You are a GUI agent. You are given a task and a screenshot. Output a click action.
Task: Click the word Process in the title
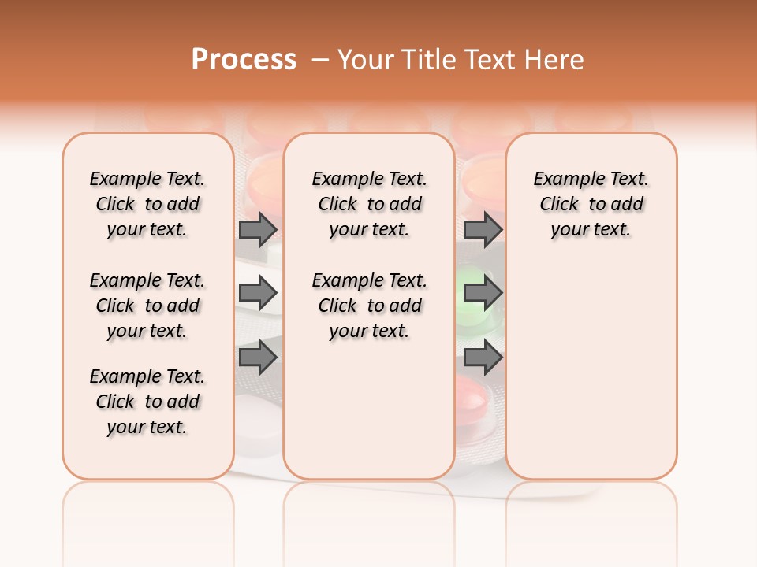click(244, 60)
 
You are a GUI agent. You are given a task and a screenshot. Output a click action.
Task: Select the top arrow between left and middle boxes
click(258, 230)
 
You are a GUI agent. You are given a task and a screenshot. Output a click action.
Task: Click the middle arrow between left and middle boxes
click(258, 294)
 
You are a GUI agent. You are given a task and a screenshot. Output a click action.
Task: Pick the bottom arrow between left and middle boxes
click(258, 358)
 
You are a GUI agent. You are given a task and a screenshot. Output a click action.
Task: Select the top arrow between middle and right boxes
click(483, 230)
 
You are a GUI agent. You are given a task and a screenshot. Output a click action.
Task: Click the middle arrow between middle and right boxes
click(483, 294)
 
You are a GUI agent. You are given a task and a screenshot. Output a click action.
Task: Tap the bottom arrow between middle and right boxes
click(483, 358)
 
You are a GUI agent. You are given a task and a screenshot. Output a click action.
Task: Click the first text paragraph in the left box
click(147, 204)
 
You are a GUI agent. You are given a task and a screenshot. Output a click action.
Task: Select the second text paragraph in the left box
click(147, 306)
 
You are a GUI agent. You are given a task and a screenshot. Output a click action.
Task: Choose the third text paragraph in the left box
click(147, 402)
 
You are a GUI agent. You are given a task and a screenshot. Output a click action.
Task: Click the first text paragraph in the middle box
click(369, 204)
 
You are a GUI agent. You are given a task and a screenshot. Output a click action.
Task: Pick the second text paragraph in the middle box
click(369, 306)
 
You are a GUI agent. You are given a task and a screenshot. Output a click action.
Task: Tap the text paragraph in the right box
click(591, 204)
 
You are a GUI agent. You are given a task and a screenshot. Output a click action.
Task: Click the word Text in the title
click(491, 60)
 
